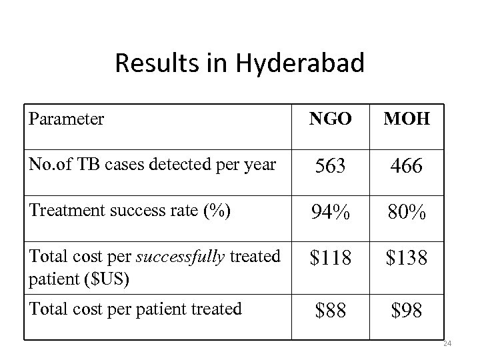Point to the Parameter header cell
tap(67, 119)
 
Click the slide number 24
tap(447, 344)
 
